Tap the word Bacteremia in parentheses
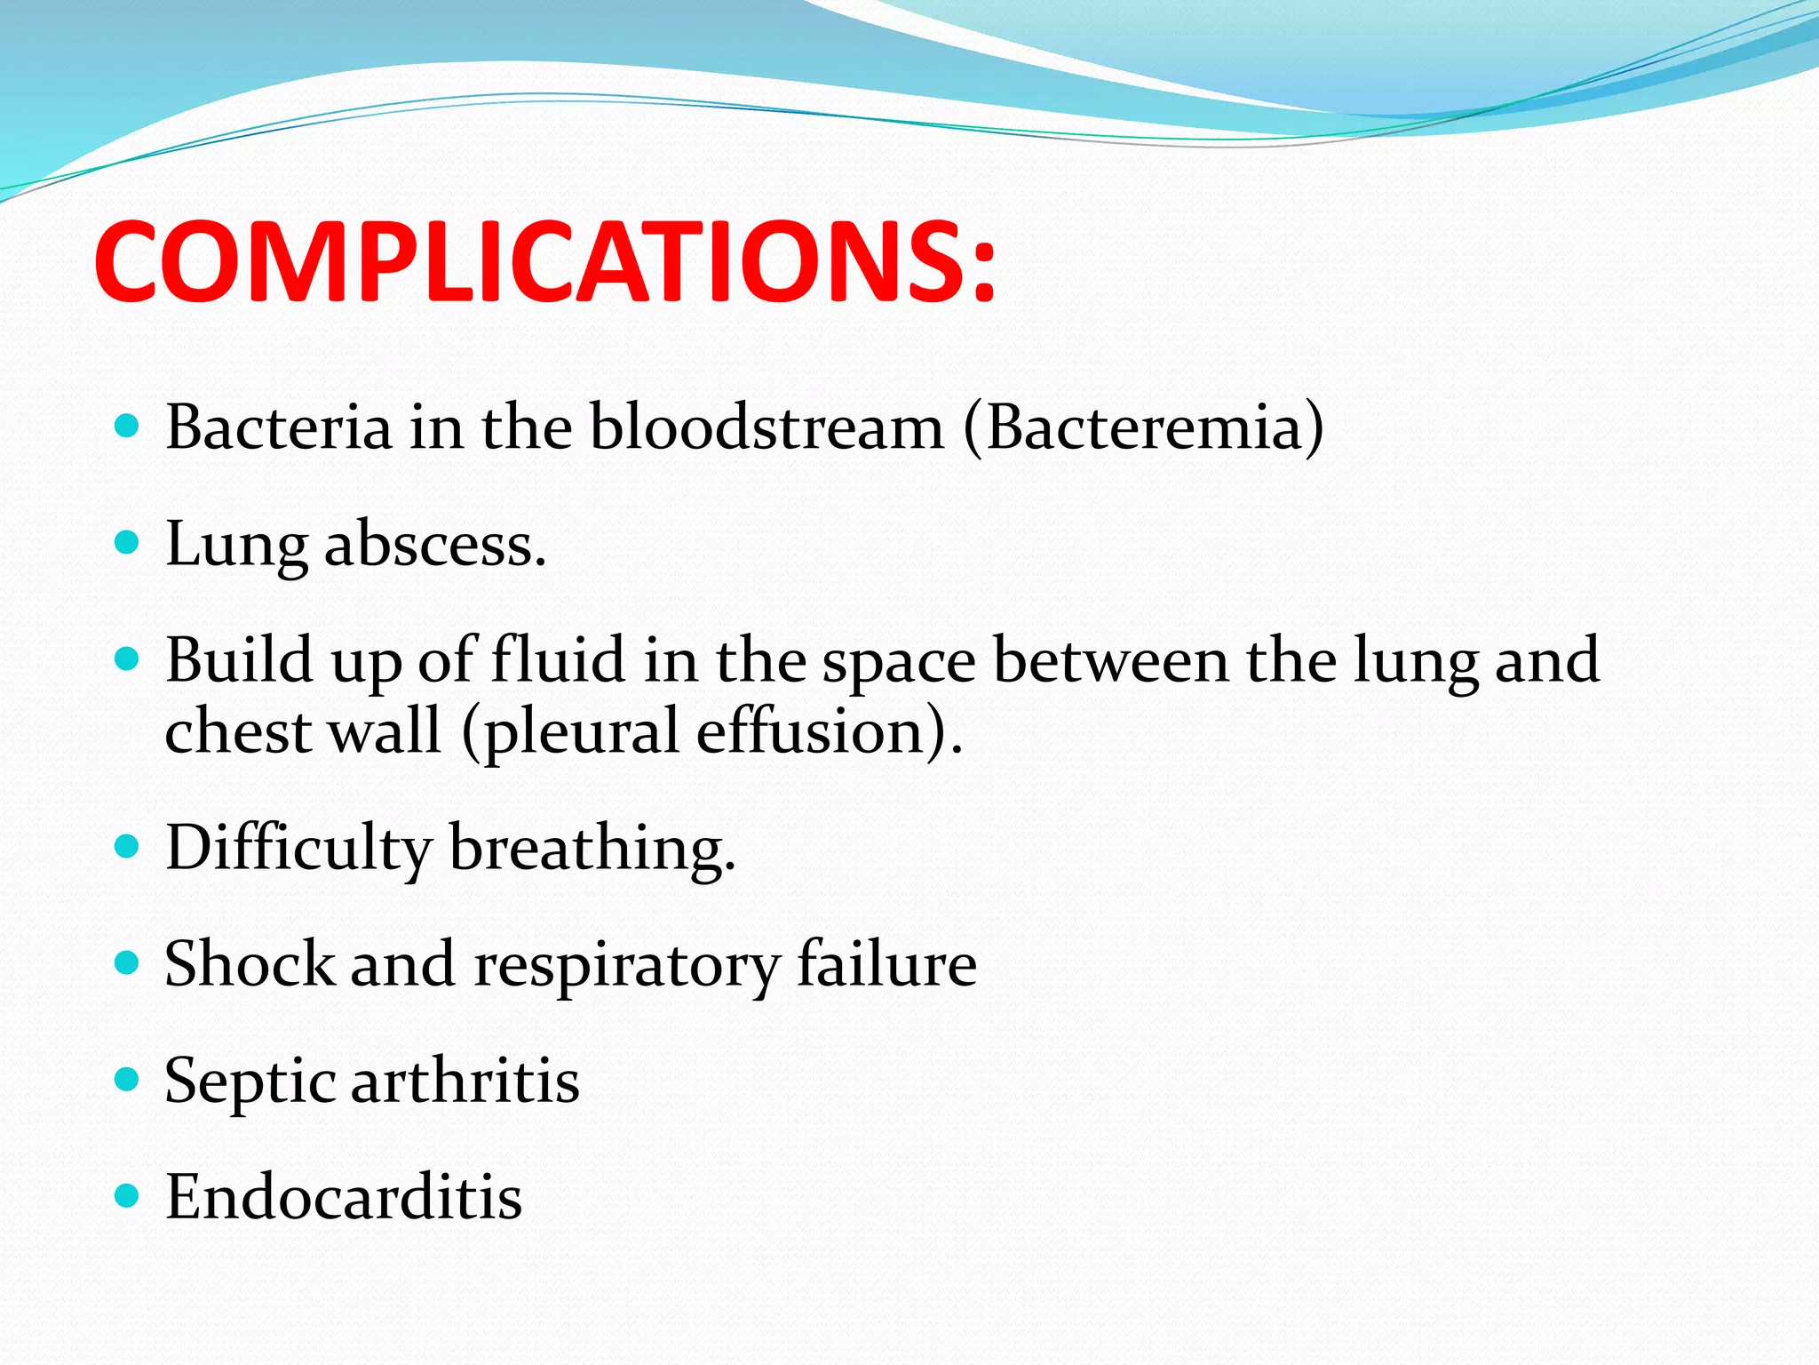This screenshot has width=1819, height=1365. coord(1144,427)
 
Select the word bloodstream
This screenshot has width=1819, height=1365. coord(767,427)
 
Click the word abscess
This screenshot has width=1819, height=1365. coord(434,544)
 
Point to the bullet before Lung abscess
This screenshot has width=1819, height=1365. coord(128,541)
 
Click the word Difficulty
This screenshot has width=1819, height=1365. coord(298,848)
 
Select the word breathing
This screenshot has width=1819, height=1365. coord(592,848)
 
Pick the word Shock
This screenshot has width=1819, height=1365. coord(250,964)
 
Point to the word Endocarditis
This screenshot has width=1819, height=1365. coord(344,1197)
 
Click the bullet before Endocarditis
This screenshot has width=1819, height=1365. coord(128,1195)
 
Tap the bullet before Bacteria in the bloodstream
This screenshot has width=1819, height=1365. coord(128,426)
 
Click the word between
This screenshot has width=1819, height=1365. coord(1110,660)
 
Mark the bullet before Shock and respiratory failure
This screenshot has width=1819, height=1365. coord(128,962)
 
